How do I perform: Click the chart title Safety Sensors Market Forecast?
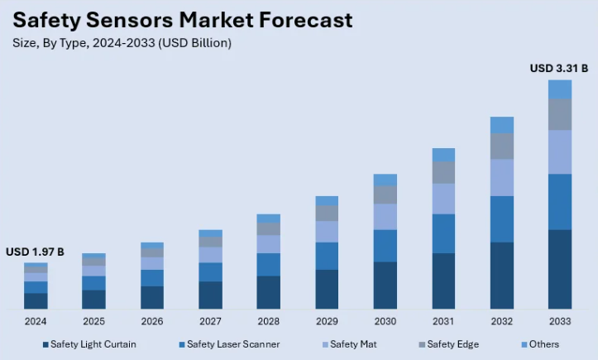click(182, 20)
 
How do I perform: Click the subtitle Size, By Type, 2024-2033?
click(122, 42)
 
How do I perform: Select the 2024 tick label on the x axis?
click(36, 321)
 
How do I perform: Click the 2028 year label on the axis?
click(268, 321)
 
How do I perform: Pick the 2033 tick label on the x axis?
click(560, 321)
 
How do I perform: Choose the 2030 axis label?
click(385, 321)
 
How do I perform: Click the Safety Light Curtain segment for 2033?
click(560, 269)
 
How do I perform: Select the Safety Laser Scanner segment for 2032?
click(502, 219)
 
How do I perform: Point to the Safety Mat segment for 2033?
click(560, 151)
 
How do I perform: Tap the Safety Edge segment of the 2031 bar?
click(443, 172)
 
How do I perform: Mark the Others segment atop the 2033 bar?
click(560, 89)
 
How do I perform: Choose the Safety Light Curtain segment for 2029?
click(327, 289)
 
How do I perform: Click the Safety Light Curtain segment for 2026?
click(152, 297)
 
